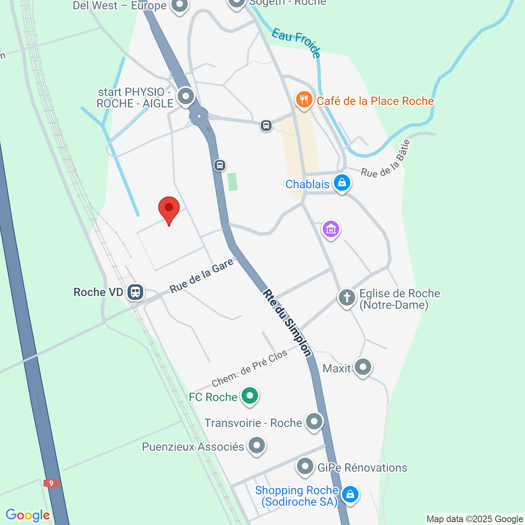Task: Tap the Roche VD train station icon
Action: tap(135, 292)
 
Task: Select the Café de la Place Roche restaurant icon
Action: tap(304, 100)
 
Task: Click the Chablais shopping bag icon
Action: tap(342, 183)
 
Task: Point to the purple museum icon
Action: tap(331, 229)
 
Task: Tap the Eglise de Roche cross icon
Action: tap(347, 297)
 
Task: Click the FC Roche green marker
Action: tap(249, 396)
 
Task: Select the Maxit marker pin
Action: tap(363, 367)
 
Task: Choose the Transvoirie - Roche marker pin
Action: tap(314, 422)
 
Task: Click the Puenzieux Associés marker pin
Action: tap(257, 445)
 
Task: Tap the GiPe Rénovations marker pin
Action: tap(305, 466)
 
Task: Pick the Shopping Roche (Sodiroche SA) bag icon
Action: tap(350, 494)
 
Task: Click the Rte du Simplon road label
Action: tap(287, 323)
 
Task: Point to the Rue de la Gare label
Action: tap(202, 276)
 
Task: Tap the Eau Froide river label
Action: tap(296, 41)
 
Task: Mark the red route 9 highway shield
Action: tap(51, 483)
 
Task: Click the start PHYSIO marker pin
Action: tap(186, 97)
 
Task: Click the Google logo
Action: tap(27, 515)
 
